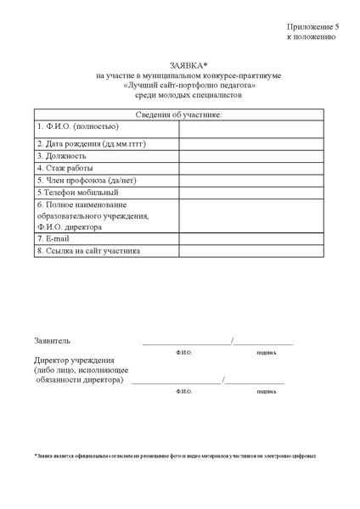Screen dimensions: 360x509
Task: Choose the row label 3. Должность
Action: pyautogui.click(x=62, y=156)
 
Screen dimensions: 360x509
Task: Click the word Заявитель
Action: pyautogui.click(x=53, y=341)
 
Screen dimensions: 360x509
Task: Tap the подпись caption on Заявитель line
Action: pyautogui.click(x=266, y=351)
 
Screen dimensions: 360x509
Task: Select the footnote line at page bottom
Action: pyautogui.click(x=175, y=456)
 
